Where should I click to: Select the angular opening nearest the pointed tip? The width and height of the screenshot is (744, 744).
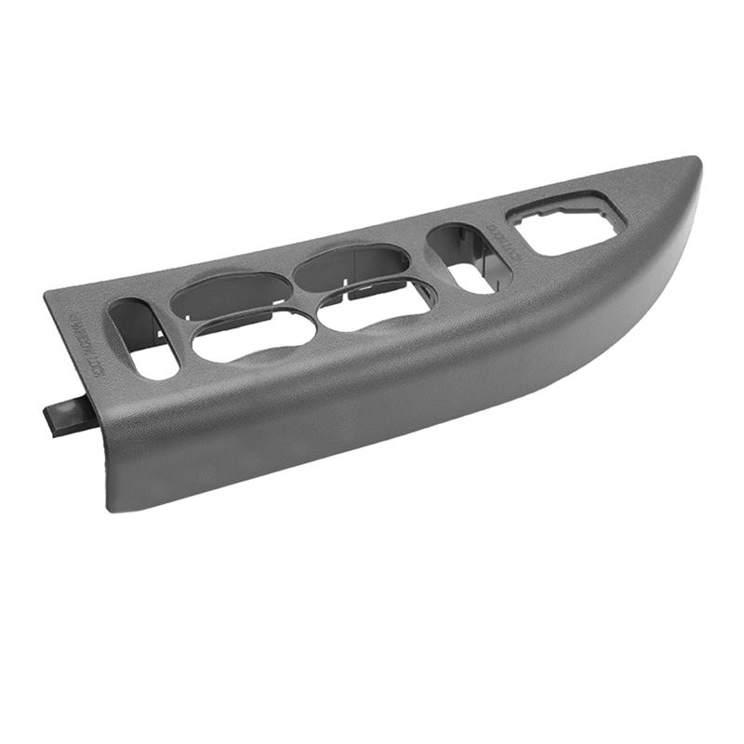coord(569,224)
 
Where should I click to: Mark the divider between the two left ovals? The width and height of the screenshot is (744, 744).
coord(244,312)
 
